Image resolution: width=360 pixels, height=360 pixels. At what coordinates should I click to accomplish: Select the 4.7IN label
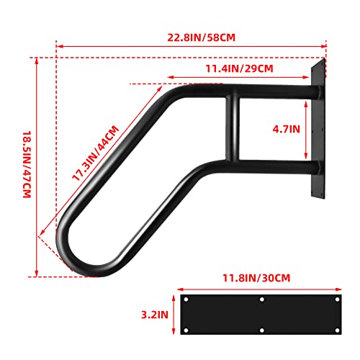coord(287,130)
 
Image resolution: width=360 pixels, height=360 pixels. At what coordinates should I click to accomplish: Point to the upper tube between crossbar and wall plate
coord(277,94)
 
